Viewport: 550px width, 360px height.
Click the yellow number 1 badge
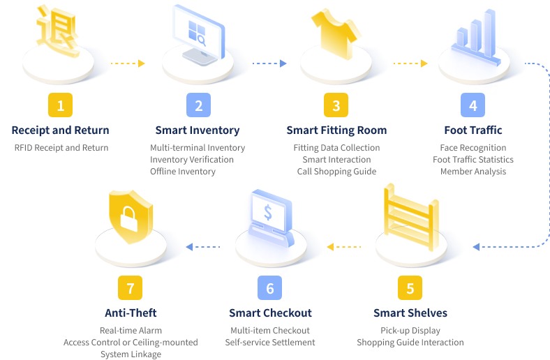pos(61,105)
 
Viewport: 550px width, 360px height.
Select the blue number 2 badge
pos(198,105)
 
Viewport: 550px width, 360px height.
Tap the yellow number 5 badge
pos(410,287)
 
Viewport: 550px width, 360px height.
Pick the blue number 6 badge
pos(270,287)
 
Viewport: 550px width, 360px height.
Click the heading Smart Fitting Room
pos(336,130)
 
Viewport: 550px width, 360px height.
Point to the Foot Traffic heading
pos(473,130)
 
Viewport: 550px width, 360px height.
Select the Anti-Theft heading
pos(131,313)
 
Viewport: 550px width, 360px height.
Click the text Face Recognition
pos(473,148)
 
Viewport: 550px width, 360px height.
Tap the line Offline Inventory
pos(183,172)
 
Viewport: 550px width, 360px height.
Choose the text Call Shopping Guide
pos(336,172)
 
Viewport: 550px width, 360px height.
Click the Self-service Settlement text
pos(270,343)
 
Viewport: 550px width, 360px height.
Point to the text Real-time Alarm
pos(131,331)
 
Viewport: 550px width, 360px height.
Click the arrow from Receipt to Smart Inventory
pos(128,64)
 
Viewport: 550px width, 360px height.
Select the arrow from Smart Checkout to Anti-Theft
pos(203,246)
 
